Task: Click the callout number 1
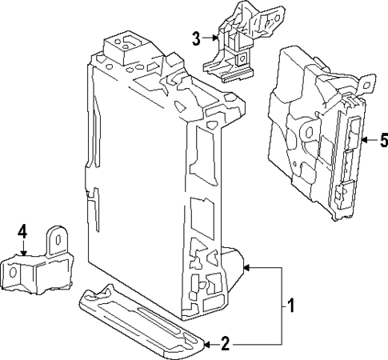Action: tap(292, 306)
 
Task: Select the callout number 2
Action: tap(225, 345)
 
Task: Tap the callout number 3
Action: tap(196, 37)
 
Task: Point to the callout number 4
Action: tap(22, 232)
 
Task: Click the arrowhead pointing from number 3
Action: tap(214, 37)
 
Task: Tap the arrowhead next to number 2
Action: tap(206, 345)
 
